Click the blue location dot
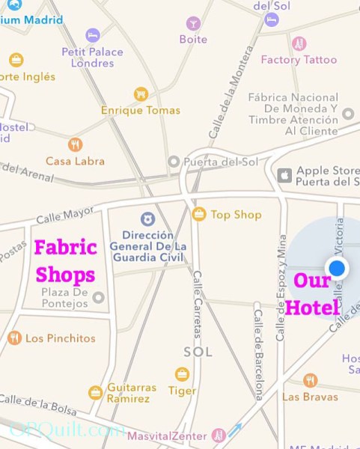tap(338, 268)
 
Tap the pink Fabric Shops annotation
tap(66, 260)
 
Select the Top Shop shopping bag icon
tap(199, 215)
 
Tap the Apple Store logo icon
tap(284, 175)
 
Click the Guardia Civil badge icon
tap(147, 219)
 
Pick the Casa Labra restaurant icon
tap(75, 144)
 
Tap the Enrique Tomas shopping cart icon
tap(140, 94)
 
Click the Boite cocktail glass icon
tap(193, 23)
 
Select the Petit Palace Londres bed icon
tap(93, 35)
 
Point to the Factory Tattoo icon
tap(299, 43)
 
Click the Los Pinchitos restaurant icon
tap(14, 338)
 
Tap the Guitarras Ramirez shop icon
tap(95, 392)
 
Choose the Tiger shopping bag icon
tap(182, 374)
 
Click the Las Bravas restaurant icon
tap(310, 381)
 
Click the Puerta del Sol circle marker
tap(174, 161)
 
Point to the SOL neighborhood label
tap(198, 351)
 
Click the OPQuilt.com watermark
tap(67, 430)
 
